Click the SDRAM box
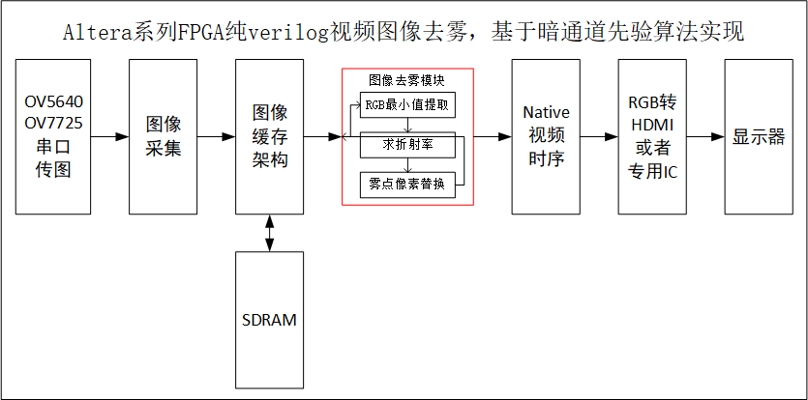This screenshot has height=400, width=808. (269, 320)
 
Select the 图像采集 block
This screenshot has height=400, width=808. (164, 136)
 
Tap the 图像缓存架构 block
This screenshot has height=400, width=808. (269, 136)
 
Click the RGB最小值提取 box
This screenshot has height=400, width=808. (406, 104)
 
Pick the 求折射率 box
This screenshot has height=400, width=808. (406, 144)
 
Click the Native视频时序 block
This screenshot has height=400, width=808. (546, 136)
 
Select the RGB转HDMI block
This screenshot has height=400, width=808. (652, 136)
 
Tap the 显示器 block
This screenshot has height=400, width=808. (759, 136)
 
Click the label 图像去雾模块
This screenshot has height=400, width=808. (407, 79)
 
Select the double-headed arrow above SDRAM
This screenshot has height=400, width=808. (269, 233)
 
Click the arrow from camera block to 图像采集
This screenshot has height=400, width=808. (106, 137)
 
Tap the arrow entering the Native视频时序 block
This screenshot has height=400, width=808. (493, 137)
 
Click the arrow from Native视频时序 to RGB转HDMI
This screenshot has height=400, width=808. (599, 137)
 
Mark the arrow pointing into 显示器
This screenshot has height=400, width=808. (705, 137)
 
